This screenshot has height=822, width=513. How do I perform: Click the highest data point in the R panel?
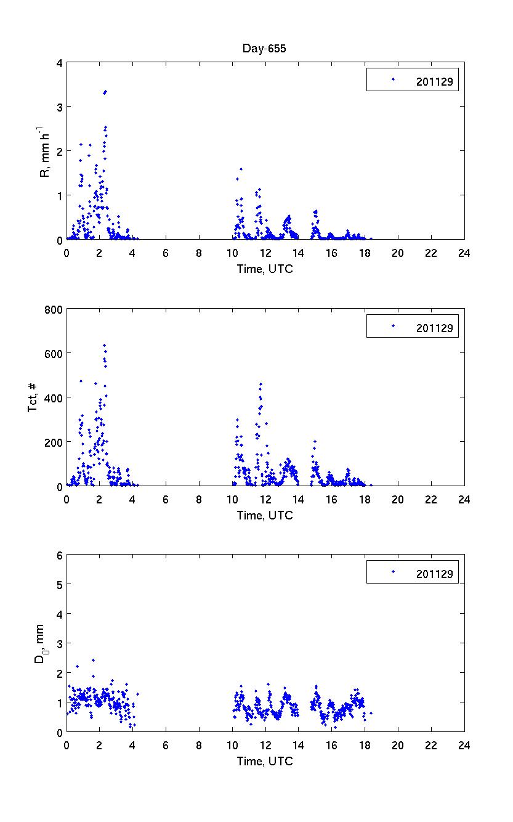click(x=105, y=92)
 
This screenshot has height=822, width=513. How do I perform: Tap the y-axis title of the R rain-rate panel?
click(x=45, y=151)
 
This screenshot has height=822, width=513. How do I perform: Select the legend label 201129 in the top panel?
click(x=434, y=81)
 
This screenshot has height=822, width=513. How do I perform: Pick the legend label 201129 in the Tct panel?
click(x=434, y=328)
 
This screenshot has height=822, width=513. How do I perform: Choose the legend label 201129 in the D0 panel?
click(x=434, y=574)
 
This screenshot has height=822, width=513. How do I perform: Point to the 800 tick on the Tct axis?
click(x=54, y=309)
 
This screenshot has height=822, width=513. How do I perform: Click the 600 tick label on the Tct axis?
click(x=54, y=353)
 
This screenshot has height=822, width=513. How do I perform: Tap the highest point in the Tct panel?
click(x=105, y=346)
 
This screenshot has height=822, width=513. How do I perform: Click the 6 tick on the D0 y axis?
click(x=59, y=555)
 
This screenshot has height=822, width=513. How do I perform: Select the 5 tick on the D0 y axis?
click(x=59, y=584)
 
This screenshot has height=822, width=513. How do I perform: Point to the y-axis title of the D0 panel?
click(x=41, y=644)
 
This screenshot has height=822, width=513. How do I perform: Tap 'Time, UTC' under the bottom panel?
click(x=265, y=762)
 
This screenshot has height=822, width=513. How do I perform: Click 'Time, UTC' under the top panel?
click(x=265, y=269)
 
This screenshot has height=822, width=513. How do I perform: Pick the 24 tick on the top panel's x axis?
click(x=464, y=253)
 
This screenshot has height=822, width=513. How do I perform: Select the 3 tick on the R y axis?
click(x=59, y=107)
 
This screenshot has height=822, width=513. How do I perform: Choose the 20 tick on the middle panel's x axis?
click(x=398, y=499)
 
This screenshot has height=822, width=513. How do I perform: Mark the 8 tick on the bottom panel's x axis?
click(x=199, y=745)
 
